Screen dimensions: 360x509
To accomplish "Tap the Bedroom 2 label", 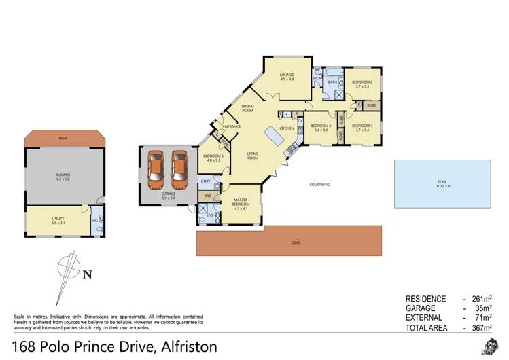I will pyautogui.click(x=362, y=84).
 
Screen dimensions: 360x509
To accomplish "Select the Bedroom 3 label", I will pyautogui.click(x=362, y=127).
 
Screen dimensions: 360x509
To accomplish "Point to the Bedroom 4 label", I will pyautogui.click(x=321, y=127).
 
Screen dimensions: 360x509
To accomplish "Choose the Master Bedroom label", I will pyautogui.click(x=241, y=204).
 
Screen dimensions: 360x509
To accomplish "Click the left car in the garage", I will pyautogui.click(x=156, y=169).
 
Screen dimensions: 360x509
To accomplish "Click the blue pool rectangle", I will pyautogui.click(x=442, y=183).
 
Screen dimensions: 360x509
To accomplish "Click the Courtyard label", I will pyautogui.click(x=319, y=184).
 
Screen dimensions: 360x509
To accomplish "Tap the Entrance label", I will pyautogui.click(x=231, y=126).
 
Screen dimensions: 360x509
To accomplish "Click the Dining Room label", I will pyautogui.click(x=248, y=108).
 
